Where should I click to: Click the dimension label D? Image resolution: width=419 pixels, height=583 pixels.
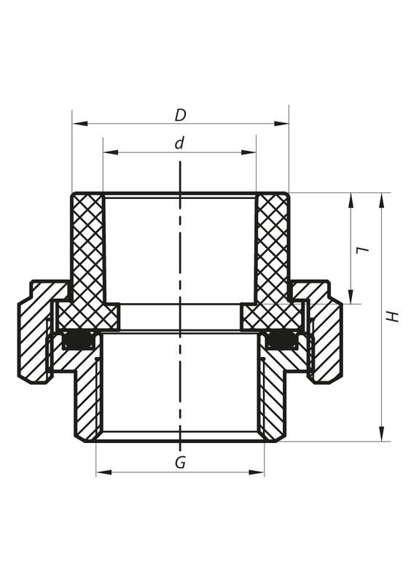pyautogui.click(x=180, y=115)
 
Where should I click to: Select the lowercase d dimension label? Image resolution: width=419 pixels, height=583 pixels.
pyautogui.click(x=179, y=144)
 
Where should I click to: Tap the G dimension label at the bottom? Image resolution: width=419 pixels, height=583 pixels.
pyautogui.click(x=180, y=462)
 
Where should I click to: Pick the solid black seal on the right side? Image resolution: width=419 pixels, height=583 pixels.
pyautogui.click(x=282, y=340)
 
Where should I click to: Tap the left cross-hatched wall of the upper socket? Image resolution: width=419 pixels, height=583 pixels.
pyautogui.click(x=87, y=248)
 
